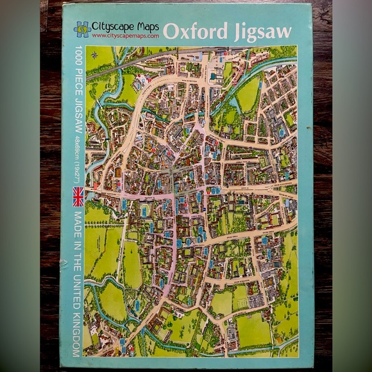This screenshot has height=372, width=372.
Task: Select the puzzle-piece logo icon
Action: [x=81, y=29]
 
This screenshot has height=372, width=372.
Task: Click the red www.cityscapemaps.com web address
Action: [x=124, y=36]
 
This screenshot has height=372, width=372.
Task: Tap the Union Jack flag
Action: [x=78, y=196]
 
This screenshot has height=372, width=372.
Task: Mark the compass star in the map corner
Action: [x=95, y=55]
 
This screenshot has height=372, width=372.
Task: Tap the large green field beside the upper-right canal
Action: [x=248, y=94]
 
